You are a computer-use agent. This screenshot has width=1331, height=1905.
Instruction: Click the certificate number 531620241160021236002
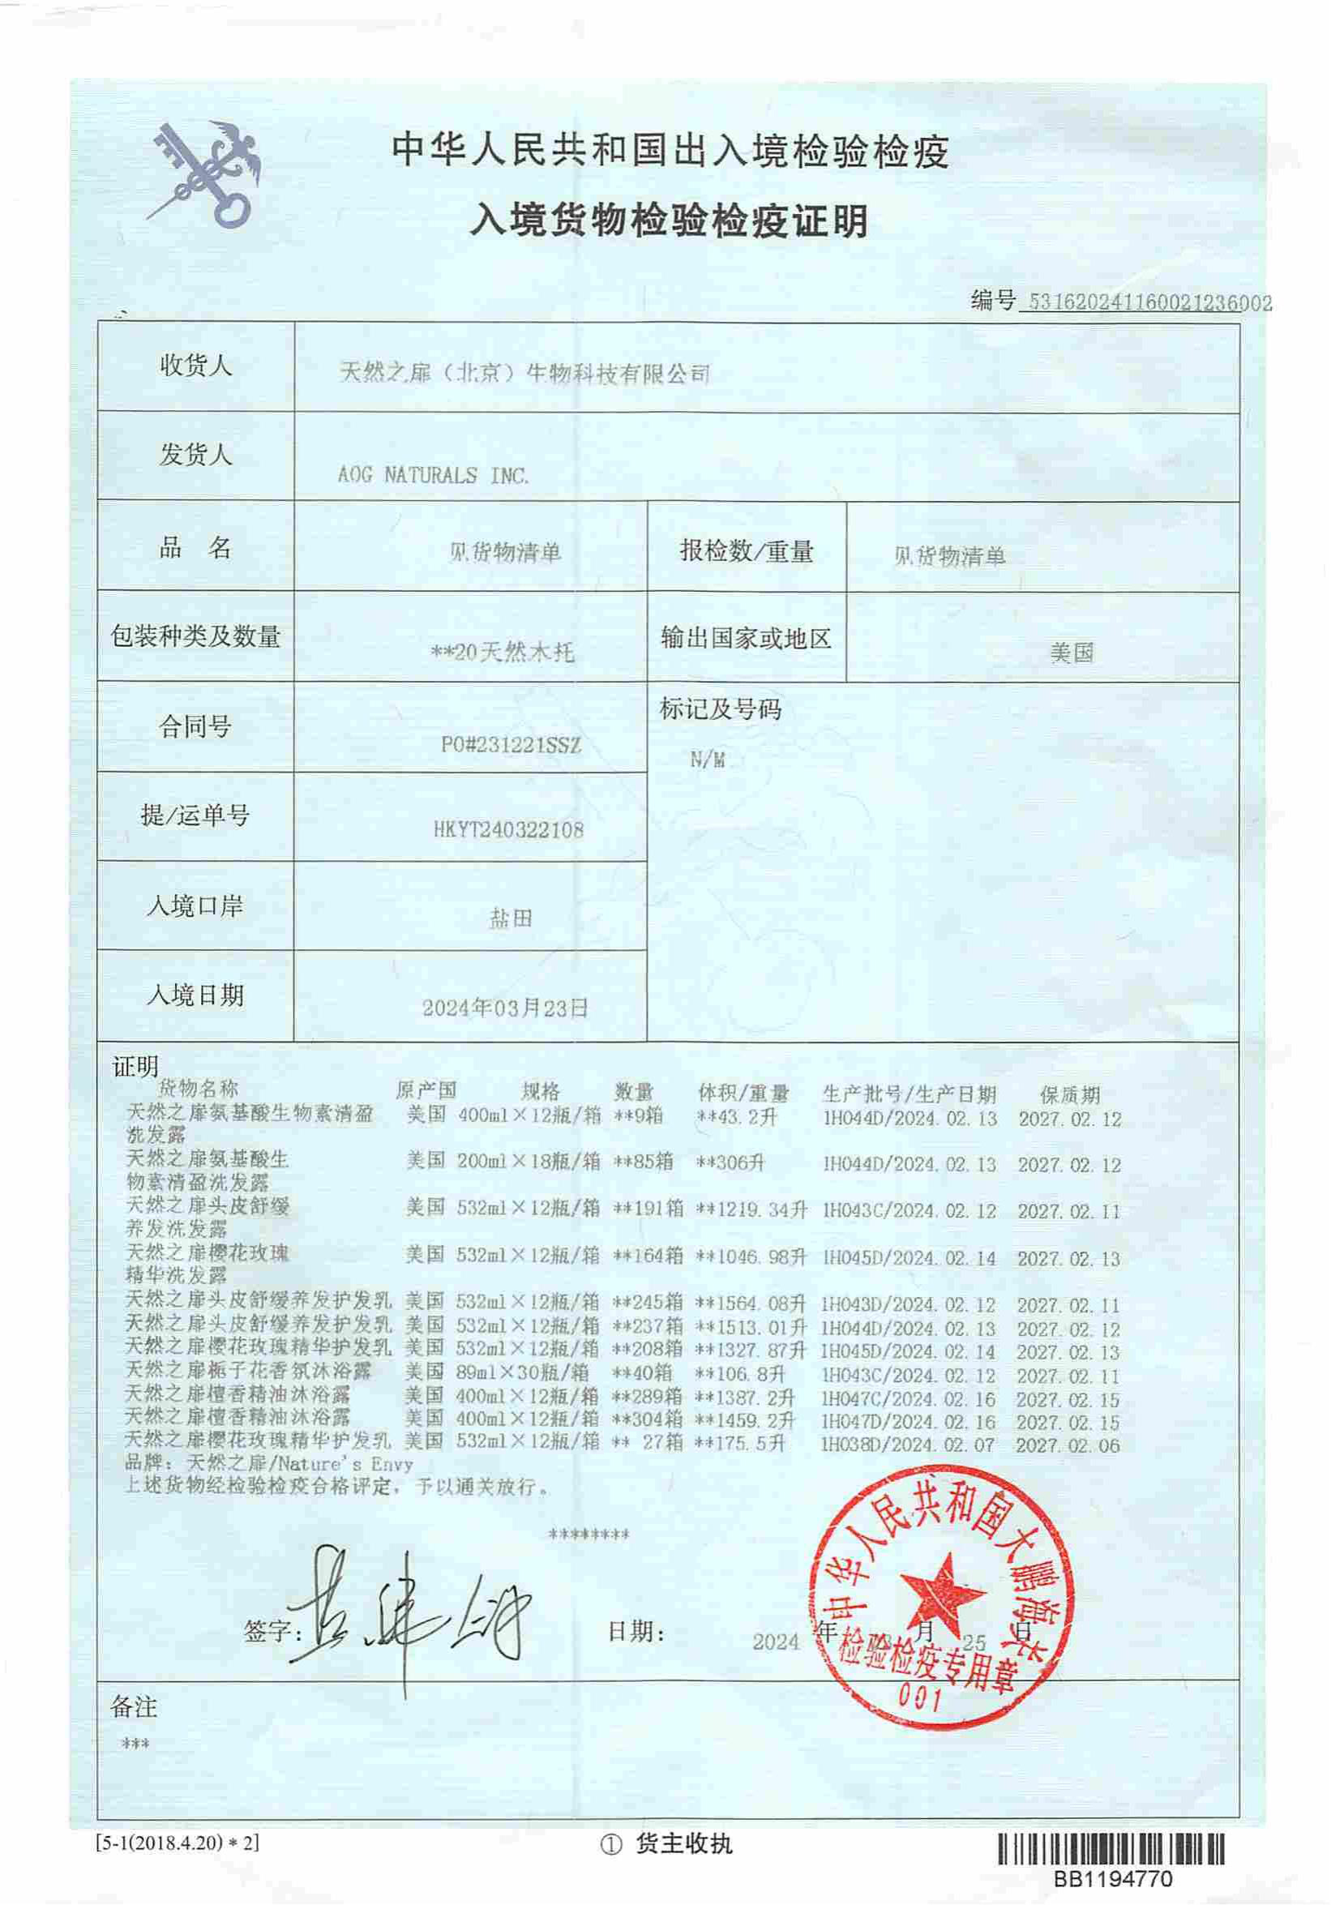tap(1149, 303)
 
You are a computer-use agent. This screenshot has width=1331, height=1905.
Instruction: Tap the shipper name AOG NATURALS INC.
tap(432, 475)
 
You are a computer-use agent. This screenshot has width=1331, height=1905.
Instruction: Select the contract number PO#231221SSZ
tap(511, 745)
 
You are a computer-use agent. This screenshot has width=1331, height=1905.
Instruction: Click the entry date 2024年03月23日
tap(505, 1008)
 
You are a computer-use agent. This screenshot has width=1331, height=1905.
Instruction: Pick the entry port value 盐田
tap(510, 918)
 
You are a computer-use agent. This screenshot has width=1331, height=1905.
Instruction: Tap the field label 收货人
tap(196, 365)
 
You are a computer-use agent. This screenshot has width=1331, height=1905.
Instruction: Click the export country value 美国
tap(1072, 653)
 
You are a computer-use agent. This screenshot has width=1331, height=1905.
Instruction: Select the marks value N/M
tap(707, 760)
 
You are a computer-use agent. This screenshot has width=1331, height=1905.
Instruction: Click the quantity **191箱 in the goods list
tap(647, 1209)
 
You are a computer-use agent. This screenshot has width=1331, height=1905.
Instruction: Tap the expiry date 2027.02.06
tap(1067, 1445)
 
